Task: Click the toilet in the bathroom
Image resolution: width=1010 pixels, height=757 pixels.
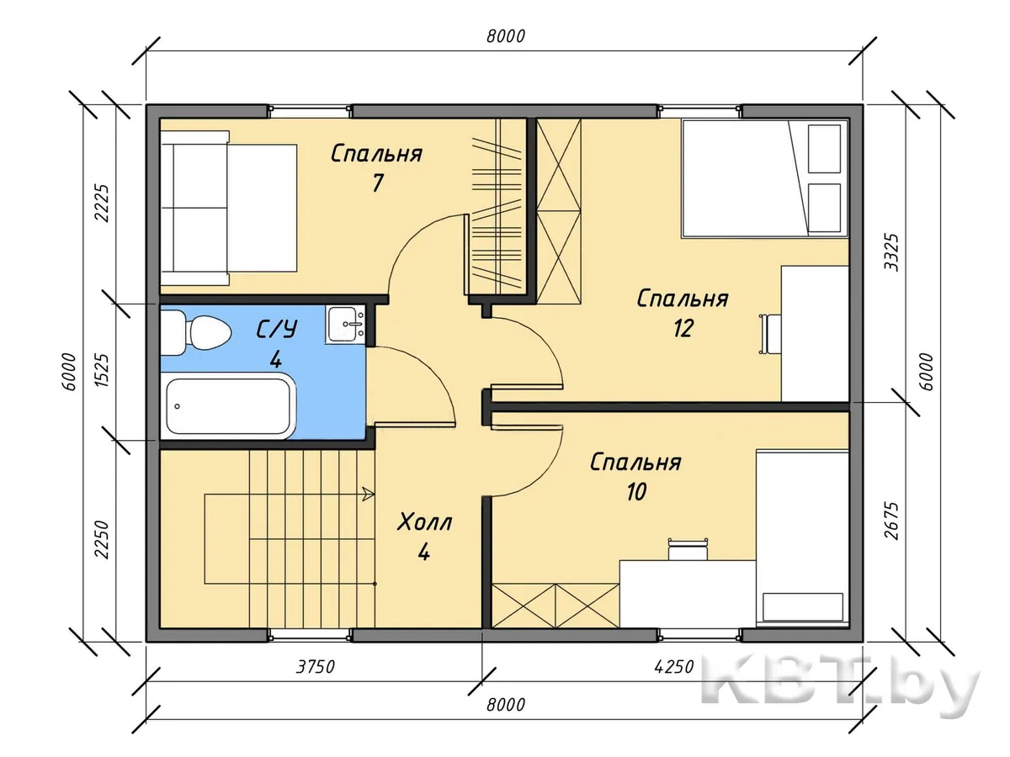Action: [194, 332]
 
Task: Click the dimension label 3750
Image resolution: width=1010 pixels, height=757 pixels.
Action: [315, 667]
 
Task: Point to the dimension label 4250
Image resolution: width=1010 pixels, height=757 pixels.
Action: [674, 667]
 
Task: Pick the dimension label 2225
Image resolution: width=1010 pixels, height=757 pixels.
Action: [101, 204]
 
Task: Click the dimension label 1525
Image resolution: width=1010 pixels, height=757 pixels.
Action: [101, 370]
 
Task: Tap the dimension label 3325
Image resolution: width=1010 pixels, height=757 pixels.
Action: [891, 252]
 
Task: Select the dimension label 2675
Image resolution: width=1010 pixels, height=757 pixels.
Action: [891, 521]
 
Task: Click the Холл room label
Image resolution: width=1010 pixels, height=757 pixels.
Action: [424, 522]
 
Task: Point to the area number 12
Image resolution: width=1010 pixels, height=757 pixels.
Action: [683, 329]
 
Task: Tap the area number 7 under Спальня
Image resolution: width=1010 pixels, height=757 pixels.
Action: [377, 183]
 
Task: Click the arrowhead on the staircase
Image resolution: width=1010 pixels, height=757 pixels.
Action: [369, 494]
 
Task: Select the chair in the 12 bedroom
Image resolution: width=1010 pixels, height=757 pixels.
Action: [769, 334]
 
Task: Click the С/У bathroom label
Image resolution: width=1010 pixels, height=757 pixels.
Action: [277, 329]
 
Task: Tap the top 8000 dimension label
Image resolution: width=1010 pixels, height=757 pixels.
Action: [506, 36]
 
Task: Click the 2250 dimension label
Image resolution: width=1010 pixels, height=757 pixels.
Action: [101, 540]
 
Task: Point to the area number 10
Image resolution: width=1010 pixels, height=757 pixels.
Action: [636, 492]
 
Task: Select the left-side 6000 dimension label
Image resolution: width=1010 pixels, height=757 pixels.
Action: [68, 372]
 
